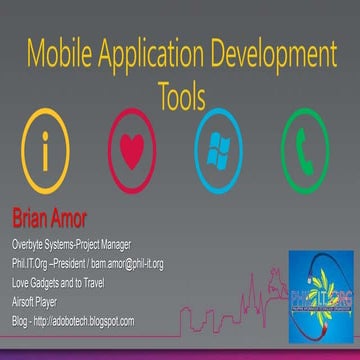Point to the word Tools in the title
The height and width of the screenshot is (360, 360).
point(181,96)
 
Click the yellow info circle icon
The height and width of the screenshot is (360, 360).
point(44,154)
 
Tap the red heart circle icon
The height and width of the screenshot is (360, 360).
point(133,154)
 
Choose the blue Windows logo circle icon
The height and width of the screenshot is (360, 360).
point(219,154)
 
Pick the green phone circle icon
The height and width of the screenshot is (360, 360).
point(305,154)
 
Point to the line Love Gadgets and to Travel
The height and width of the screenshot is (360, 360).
point(65,282)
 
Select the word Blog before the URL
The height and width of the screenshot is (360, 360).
point(20,320)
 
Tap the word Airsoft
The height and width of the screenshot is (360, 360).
point(23,301)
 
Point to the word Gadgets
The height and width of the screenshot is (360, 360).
point(47,282)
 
